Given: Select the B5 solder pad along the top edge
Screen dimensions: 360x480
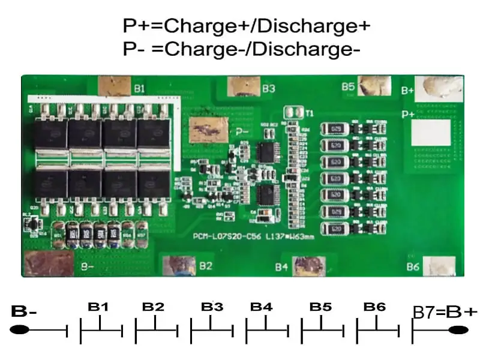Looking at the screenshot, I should [x=374, y=85].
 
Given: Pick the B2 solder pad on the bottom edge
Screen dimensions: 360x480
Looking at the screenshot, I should [x=179, y=265].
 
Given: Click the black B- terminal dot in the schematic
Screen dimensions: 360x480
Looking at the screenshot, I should [x=20, y=329].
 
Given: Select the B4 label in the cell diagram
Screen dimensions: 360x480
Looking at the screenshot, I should [x=262, y=307].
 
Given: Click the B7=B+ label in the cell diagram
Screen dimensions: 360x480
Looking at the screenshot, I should [x=445, y=311].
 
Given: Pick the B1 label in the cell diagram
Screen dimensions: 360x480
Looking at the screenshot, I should [x=98, y=307].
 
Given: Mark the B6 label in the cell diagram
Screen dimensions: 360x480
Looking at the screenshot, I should [x=374, y=307].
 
